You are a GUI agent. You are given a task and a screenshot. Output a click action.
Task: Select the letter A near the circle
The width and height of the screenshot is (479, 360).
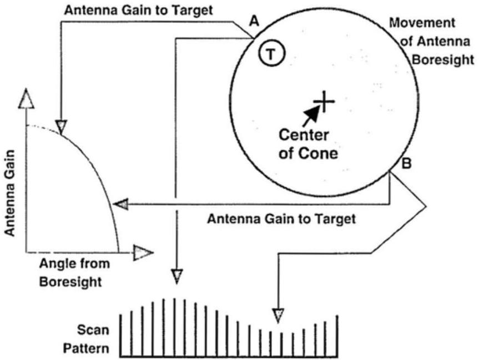(x=254, y=22)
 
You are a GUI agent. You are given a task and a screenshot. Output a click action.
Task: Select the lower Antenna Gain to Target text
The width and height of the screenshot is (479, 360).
(x=281, y=219)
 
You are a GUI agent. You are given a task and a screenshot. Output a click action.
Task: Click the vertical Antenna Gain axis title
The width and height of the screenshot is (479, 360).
(x=11, y=195)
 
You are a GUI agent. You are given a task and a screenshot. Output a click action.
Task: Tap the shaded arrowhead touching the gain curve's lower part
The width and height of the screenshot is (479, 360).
(x=120, y=205)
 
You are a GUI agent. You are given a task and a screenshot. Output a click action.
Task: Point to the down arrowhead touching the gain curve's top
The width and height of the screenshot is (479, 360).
(x=61, y=125)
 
